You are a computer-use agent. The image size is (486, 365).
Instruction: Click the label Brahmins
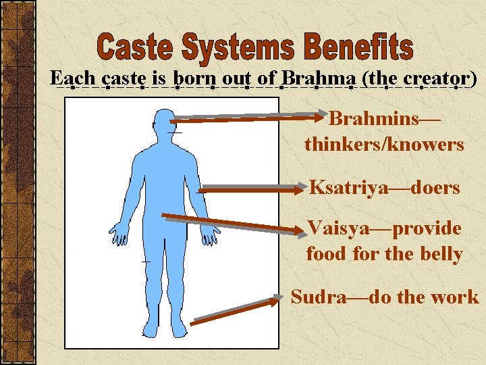click(374, 120)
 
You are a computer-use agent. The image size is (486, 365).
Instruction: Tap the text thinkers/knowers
click(384, 144)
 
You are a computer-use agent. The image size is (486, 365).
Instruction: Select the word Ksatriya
click(348, 187)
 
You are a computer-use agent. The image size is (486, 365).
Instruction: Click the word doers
click(438, 187)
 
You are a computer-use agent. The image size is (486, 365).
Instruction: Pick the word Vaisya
click(338, 228)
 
